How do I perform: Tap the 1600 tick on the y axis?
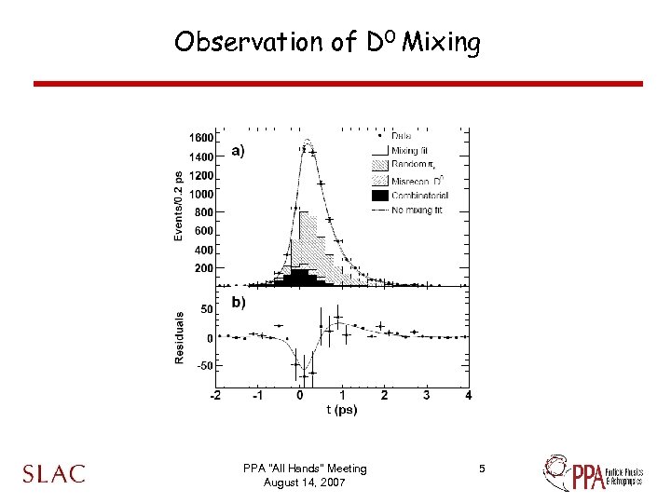coord(200,138)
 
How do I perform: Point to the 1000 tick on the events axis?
coord(200,194)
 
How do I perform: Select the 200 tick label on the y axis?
coord(203,268)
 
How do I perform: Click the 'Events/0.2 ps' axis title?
coord(178,205)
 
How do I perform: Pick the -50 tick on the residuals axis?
coord(203,366)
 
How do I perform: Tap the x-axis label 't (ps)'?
coord(342,409)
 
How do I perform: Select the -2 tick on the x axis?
coord(215,396)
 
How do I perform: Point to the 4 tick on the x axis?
coord(468,396)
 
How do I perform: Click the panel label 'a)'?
coord(239,151)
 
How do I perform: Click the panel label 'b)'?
coord(239,302)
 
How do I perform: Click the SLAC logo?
coord(54,474)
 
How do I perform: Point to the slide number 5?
coord(482,469)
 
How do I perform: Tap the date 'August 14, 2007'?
coord(304,483)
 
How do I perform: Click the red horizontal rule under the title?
coord(337,84)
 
